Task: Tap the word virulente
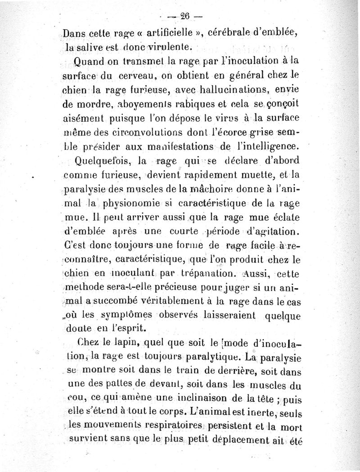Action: click(x=172, y=46)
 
